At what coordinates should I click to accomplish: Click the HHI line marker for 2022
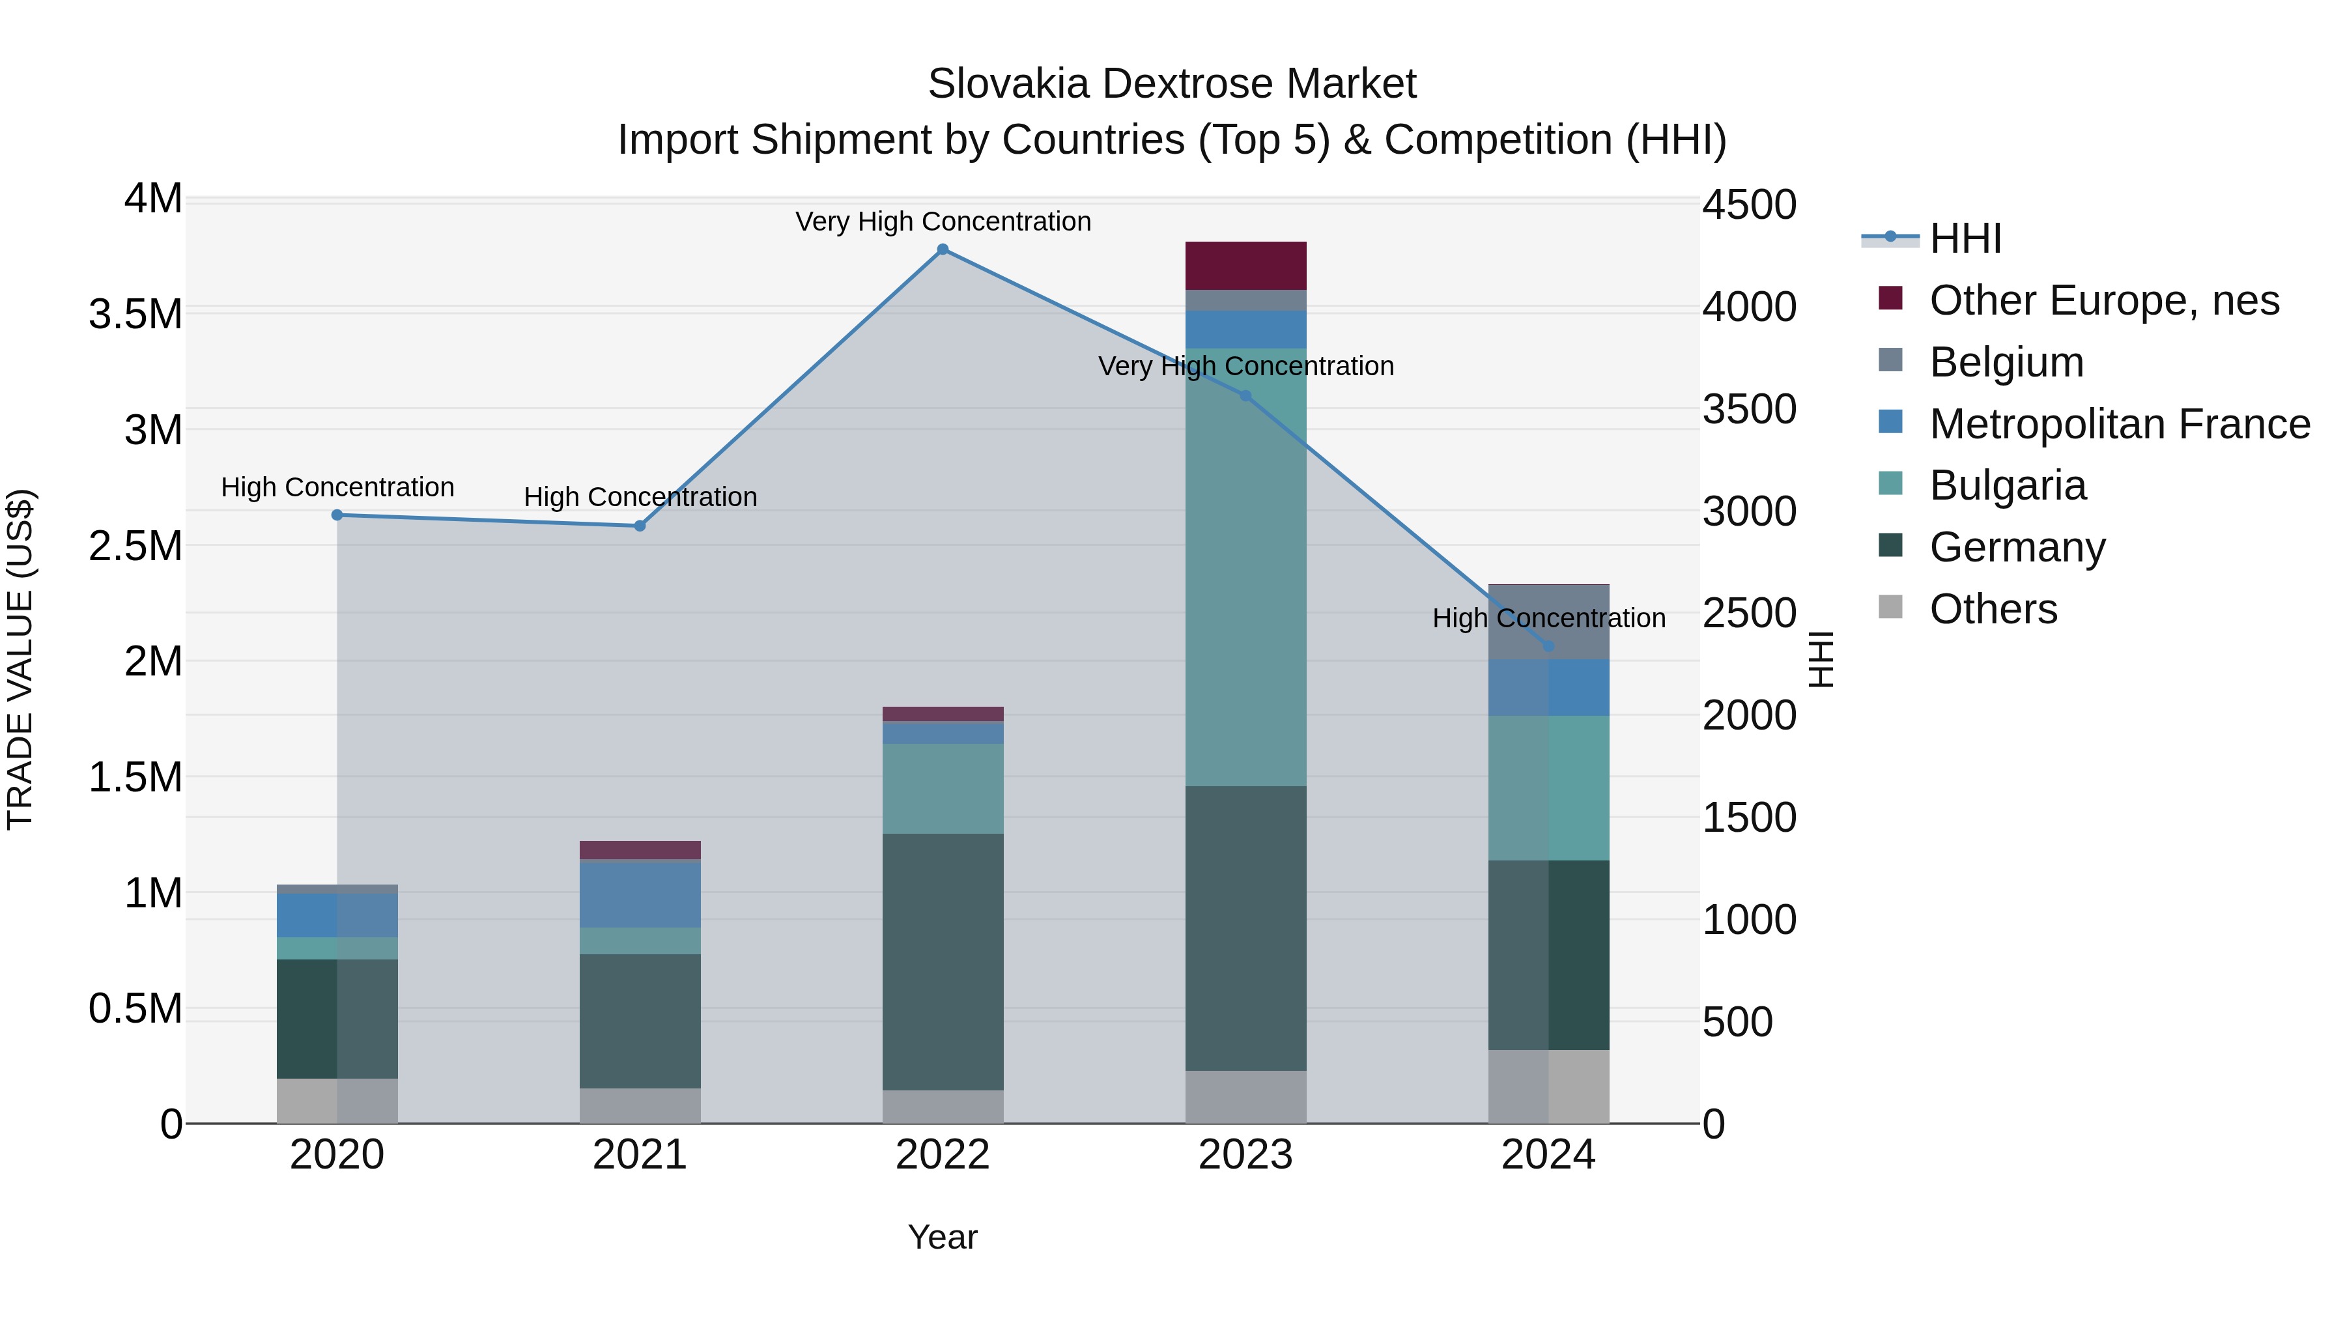pyautogui.click(x=943, y=249)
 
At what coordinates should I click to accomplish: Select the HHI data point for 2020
pyautogui.click(x=337, y=515)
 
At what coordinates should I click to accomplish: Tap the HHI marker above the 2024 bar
pyautogui.click(x=1548, y=646)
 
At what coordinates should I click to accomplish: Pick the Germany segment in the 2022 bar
pyautogui.click(x=943, y=961)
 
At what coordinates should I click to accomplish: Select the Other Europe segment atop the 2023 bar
pyautogui.click(x=1245, y=266)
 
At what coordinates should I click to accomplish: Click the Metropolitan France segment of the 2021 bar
pyautogui.click(x=640, y=894)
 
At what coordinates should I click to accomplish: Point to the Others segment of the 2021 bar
pyautogui.click(x=640, y=1106)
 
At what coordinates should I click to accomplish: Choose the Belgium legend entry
pyautogui.click(x=2006, y=362)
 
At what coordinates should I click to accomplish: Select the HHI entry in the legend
pyautogui.click(x=1965, y=238)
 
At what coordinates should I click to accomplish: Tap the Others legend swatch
pyautogui.click(x=1891, y=607)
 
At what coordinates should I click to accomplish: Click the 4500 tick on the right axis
pyautogui.click(x=1749, y=205)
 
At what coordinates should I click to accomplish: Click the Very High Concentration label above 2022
pyautogui.click(x=943, y=222)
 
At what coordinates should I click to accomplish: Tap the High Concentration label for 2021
pyautogui.click(x=640, y=497)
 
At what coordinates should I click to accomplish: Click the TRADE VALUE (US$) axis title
pyautogui.click(x=20, y=659)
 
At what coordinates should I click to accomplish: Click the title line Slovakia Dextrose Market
pyautogui.click(x=1172, y=84)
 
